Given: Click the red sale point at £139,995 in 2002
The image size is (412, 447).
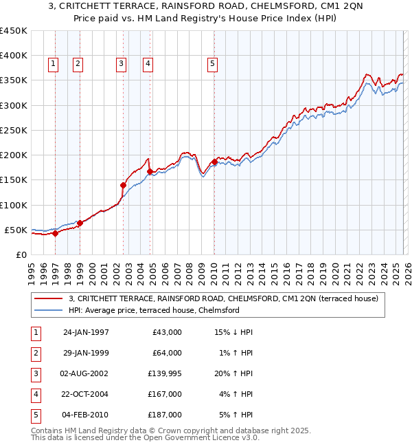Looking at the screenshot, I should [124, 185].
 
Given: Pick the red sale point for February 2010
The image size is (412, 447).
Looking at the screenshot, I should [214, 162].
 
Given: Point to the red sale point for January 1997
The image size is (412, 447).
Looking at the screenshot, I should [56, 233].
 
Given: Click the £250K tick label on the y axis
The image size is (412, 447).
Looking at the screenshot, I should [13, 130].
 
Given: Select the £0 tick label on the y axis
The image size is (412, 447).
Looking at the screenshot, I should [21, 254].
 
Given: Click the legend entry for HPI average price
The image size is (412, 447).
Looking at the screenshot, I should [154, 310].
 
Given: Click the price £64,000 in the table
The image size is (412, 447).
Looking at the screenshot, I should [166, 353].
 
